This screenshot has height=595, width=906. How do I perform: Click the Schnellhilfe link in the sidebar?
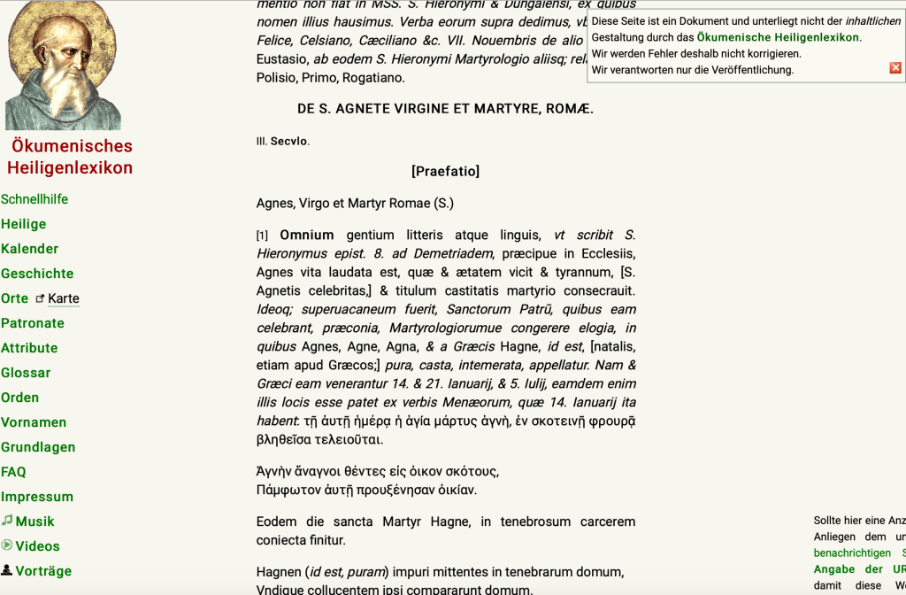[x=35, y=199]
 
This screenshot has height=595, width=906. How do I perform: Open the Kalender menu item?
[x=30, y=249]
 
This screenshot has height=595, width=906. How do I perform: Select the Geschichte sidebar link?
[x=37, y=274]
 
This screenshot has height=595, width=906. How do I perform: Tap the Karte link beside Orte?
[x=64, y=298]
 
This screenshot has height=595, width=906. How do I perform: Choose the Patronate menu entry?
[x=33, y=323]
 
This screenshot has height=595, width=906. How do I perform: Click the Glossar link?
[x=26, y=373]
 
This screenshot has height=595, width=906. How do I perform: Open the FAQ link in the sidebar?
[x=13, y=472]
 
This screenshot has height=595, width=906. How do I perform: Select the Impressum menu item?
[x=37, y=497]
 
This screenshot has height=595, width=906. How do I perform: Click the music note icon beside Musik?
[x=7, y=521]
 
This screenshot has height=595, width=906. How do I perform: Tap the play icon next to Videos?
[x=7, y=545]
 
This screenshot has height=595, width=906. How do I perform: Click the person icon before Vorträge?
[x=7, y=570]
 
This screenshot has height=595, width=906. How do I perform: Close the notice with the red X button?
[x=895, y=68]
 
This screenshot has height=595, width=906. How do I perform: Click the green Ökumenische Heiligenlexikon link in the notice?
[x=778, y=37]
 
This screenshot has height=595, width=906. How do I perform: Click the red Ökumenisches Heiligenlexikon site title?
[x=71, y=157]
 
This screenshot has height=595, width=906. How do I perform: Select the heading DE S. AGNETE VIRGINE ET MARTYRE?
[x=445, y=109]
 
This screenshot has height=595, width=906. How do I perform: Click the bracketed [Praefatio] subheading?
[x=445, y=171]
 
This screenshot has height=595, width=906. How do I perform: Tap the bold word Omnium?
[x=307, y=235]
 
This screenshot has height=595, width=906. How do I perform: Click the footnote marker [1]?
[x=262, y=236]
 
